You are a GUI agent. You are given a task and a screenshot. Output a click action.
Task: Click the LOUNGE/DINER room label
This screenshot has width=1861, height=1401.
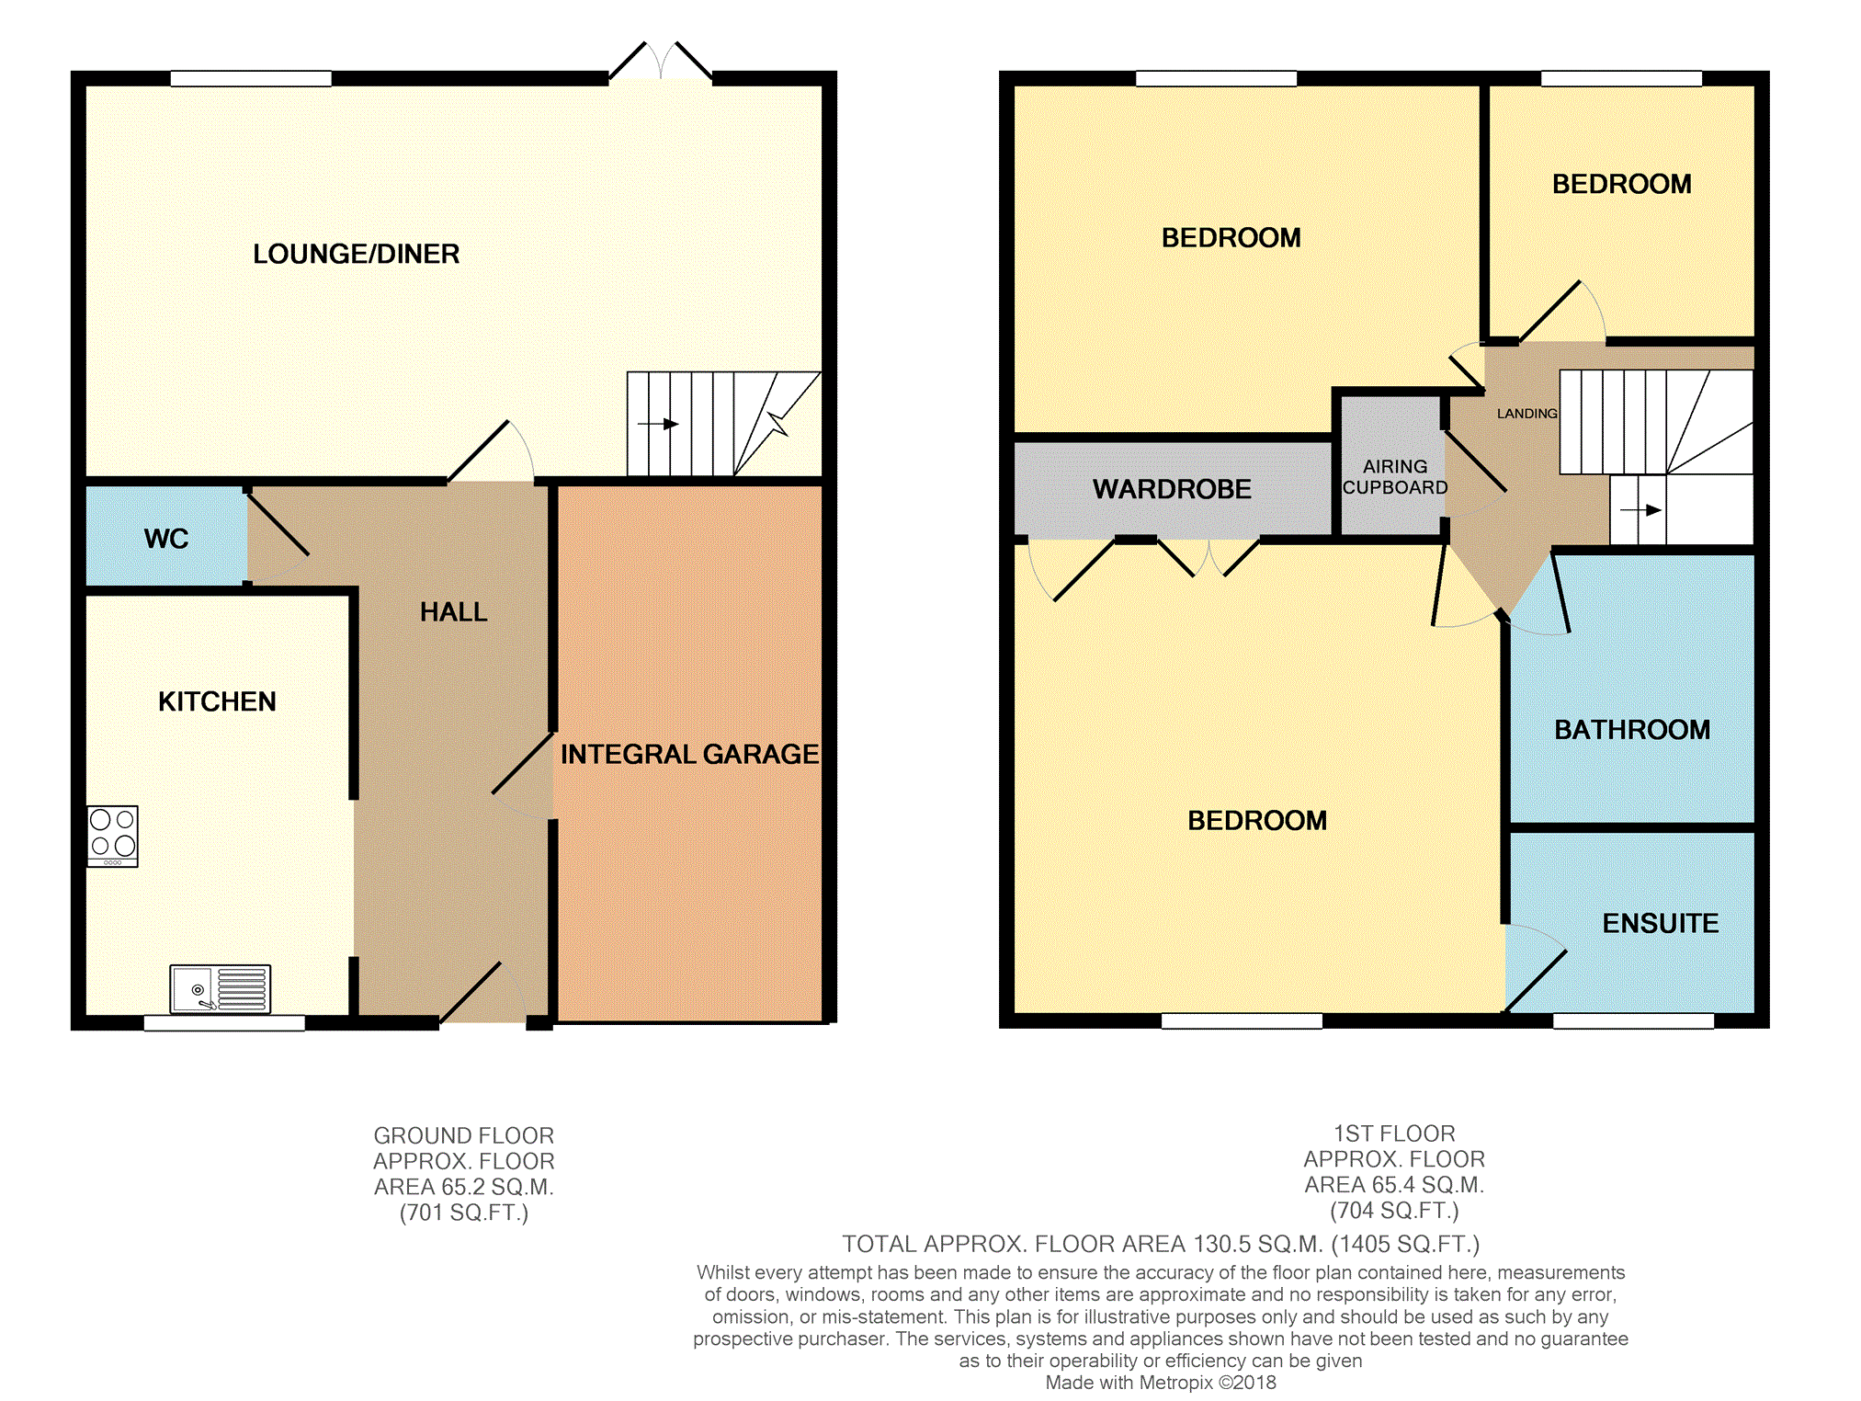tap(356, 254)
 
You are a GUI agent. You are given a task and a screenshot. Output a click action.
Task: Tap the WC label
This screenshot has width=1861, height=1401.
tap(166, 539)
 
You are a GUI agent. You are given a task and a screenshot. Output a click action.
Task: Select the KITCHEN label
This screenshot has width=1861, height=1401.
tap(217, 701)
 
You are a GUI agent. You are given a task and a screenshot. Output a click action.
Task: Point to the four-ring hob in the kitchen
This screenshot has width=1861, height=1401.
tap(113, 837)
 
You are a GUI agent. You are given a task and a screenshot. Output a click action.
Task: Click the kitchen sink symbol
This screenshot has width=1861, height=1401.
tap(221, 989)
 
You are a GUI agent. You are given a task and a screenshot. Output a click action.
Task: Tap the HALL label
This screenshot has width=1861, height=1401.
tap(454, 612)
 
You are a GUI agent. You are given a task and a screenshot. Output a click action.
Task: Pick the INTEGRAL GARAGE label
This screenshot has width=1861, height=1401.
tap(689, 754)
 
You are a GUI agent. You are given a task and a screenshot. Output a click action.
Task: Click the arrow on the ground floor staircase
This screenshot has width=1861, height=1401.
tap(658, 424)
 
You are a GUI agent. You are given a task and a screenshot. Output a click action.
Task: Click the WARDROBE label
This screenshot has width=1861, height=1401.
tap(1172, 489)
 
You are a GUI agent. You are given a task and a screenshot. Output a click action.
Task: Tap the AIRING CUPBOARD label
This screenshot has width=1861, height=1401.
tap(1395, 477)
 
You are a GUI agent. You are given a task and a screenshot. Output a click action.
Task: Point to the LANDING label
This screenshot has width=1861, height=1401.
tap(1527, 414)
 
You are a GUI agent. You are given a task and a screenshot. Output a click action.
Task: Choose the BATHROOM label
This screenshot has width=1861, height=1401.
tap(1632, 730)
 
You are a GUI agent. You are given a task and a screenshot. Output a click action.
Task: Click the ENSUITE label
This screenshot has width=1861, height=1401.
tap(1661, 923)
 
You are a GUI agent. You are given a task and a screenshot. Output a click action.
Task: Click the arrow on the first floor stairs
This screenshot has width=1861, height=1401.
tap(1641, 510)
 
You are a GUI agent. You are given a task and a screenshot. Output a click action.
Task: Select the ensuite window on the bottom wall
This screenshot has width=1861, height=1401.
tap(1633, 1020)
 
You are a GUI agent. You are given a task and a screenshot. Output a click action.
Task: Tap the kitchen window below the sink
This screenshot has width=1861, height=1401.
tap(224, 1023)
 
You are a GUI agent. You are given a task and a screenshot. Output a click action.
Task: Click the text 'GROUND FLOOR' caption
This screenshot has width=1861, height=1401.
tap(464, 1135)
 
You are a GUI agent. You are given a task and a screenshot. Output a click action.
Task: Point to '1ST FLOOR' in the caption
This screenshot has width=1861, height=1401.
tap(1395, 1133)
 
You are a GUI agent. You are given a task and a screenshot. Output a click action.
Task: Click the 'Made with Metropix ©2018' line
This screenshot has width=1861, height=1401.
tap(1161, 1383)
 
